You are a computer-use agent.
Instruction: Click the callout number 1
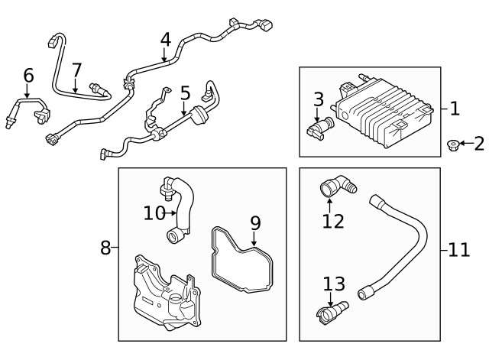(455, 108)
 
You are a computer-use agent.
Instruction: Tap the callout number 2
(478, 143)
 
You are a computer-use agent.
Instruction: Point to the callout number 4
(166, 38)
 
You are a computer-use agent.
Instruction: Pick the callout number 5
(185, 94)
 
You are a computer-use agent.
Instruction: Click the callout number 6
(28, 75)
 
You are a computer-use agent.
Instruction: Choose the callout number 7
(76, 70)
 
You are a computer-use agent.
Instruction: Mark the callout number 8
(105, 247)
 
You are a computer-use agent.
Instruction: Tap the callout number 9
(255, 222)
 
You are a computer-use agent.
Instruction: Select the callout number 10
(154, 212)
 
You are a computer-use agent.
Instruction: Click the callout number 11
(458, 250)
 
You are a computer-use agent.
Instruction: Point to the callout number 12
(333, 221)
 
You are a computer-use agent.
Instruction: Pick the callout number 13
(334, 284)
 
